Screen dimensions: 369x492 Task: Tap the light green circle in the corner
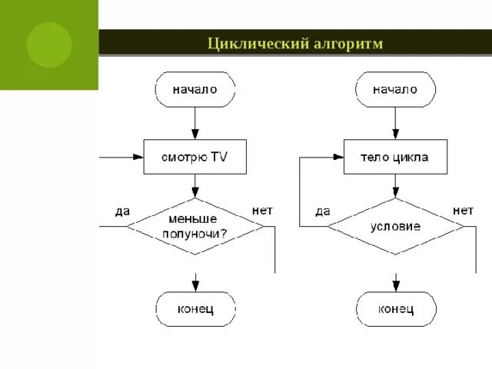pyautogui.click(x=48, y=45)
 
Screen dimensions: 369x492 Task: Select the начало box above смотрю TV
pyautogui.click(x=195, y=89)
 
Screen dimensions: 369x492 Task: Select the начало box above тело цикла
pyautogui.click(x=395, y=89)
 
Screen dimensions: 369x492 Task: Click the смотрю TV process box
pyautogui.click(x=195, y=157)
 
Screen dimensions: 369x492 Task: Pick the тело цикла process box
pyautogui.click(x=395, y=157)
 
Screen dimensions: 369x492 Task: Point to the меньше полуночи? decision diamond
pyautogui.click(x=195, y=226)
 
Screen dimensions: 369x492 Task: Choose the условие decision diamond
pyautogui.click(x=395, y=226)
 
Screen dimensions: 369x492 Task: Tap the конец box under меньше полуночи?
pyautogui.click(x=195, y=309)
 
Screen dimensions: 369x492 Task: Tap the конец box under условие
pyautogui.click(x=395, y=309)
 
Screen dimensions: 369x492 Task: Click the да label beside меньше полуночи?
pyautogui.click(x=123, y=211)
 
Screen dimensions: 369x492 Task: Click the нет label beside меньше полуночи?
pyautogui.click(x=261, y=209)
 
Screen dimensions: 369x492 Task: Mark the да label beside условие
pyautogui.click(x=323, y=210)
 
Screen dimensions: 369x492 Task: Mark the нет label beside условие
pyautogui.click(x=463, y=209)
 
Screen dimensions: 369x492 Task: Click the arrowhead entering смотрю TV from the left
pyautogui.click(x=139, y=157)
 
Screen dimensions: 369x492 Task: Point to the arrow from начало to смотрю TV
pyautogui.click(x=195, y=123)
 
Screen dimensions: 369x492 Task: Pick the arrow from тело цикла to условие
pyautogui.click(x=395, y=186)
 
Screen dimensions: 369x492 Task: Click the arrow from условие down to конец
pyautogui.click(x=395, y=273)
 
